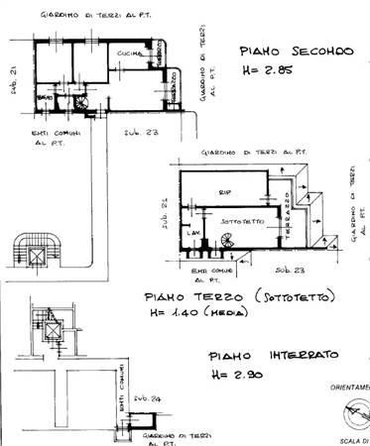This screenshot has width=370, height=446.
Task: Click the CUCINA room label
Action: (x=127, y=52)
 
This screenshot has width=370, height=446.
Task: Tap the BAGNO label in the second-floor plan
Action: (x=46, y=100)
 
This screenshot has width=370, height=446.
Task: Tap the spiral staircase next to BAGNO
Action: (x=78, y=100)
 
